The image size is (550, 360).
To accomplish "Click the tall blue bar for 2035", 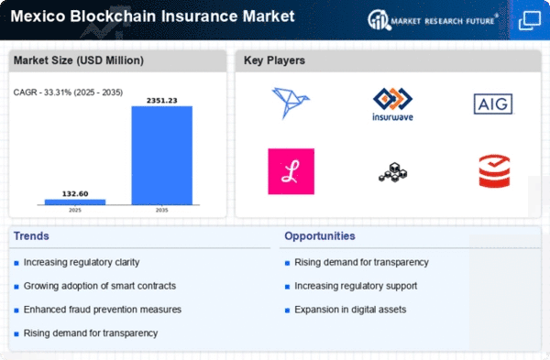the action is pos(161,156).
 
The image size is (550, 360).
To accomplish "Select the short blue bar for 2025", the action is pos(75,202).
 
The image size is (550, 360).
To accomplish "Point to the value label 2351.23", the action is pos(161,101).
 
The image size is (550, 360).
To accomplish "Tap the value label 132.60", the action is pos(75,194).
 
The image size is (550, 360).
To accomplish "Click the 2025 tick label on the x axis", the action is pos(75,211).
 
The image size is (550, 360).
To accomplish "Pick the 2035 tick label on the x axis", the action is pos(161,211).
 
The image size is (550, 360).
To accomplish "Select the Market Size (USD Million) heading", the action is pos(79,60).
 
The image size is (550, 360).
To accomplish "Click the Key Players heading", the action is pos(274,60).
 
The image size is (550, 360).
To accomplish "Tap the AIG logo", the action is pos(493,104).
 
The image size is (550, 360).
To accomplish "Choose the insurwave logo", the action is pos(392,104).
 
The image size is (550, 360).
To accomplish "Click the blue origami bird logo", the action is pos(291,103).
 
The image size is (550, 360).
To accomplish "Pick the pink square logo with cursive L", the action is pos(291,171).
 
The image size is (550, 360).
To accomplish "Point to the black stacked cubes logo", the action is pos(393,172).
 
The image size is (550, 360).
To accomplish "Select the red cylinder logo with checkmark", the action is pos(494,171).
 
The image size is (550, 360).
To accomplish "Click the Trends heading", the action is pos(31,236).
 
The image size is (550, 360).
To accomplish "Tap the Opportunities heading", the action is pos(320,236).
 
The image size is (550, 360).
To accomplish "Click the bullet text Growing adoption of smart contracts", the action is pos(100,286).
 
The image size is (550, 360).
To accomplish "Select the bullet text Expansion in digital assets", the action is pos(350,310).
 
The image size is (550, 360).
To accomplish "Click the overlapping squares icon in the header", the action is pos(530,20).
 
